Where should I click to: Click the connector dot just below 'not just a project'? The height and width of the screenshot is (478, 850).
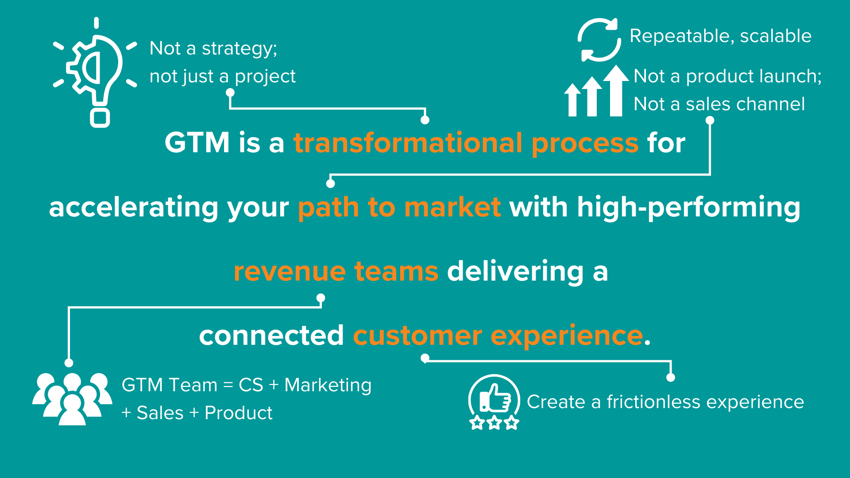230,93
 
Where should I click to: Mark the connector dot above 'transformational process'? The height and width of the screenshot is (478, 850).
425,120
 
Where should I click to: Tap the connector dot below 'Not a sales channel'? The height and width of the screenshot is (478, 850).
710,120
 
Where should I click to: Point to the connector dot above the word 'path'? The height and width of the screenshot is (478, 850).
330,183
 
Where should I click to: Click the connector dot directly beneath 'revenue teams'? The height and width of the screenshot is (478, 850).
321,298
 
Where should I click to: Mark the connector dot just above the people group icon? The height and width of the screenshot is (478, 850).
69,363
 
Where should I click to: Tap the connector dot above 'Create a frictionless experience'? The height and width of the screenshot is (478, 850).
671,378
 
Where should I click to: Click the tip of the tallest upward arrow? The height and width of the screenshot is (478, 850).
616,65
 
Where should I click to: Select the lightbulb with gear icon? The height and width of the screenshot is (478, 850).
95,73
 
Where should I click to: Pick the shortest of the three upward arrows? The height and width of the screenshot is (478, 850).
572,100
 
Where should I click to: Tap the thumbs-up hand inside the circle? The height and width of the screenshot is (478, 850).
495,398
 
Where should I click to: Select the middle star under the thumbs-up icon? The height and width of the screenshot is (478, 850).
494,423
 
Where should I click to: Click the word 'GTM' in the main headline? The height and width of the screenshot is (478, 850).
197,143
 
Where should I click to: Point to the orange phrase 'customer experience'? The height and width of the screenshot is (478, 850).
498,335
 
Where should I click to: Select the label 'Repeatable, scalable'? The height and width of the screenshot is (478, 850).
720,36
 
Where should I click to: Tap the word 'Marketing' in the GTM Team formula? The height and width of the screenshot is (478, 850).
328,385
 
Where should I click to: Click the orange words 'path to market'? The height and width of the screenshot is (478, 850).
399,207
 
